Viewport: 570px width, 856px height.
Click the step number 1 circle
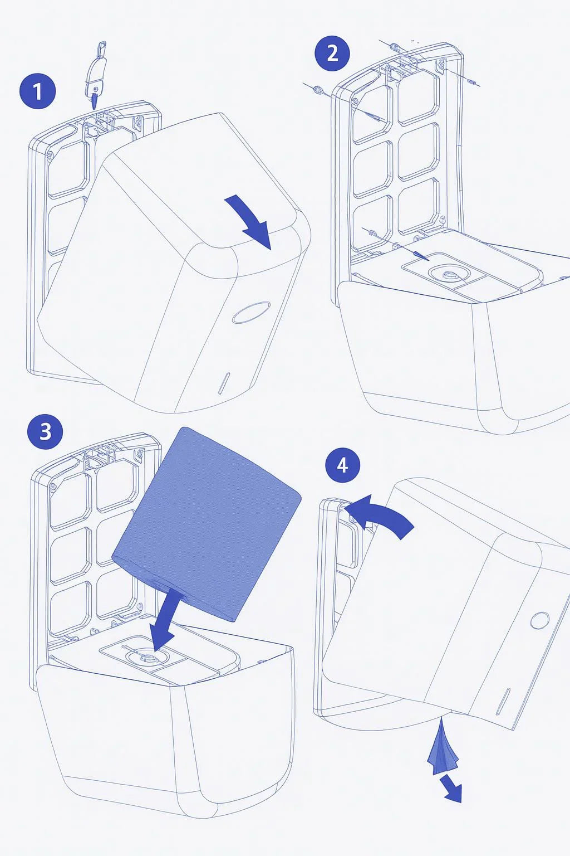coord(37,91)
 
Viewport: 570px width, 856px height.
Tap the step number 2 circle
coord(332,53)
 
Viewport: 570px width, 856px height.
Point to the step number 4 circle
coord(343,465)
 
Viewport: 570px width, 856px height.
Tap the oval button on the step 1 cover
coord(251,313)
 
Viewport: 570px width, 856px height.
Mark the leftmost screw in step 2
coord(317,89)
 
